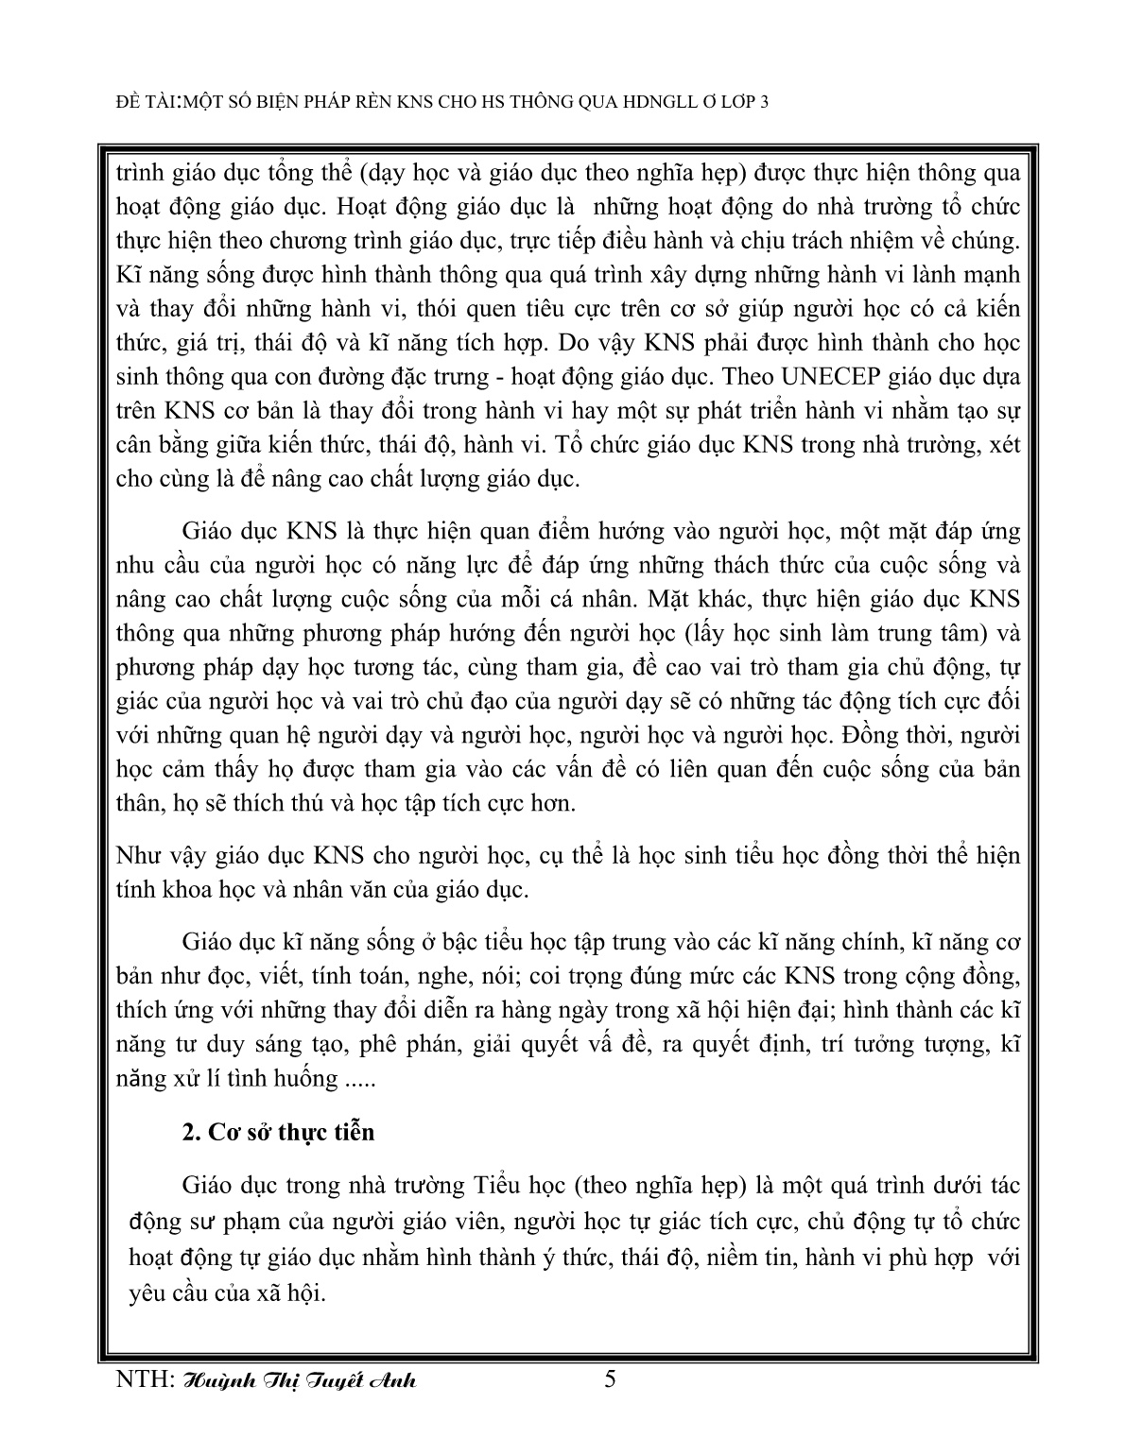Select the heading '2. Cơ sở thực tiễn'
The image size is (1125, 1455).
(x=278, y=1132)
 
